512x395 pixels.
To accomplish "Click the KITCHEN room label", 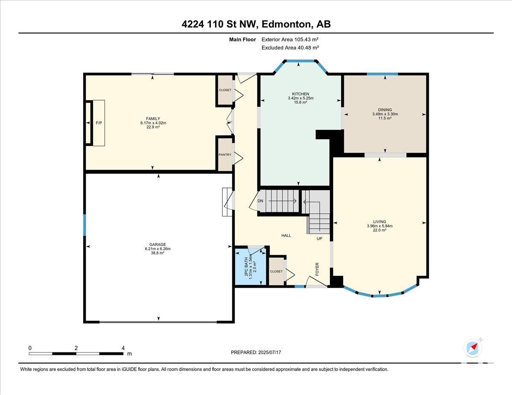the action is pos(300,94).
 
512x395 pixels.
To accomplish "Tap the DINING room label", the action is pos(385,110).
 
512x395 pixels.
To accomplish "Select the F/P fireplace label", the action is pos(99,123).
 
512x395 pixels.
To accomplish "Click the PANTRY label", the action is pos(225,155).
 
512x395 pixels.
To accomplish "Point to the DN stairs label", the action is pos(260,201).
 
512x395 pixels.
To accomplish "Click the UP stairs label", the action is pos(319,239).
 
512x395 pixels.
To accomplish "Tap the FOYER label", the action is pos(317,269).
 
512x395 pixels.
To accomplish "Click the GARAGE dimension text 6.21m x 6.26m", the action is pos(157,249).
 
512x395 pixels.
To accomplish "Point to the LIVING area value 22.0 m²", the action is pos(380,230).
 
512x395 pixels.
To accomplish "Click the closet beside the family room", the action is pos(225,90).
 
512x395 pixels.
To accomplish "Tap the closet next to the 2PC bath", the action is pos(276,271).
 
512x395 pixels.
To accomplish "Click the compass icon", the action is pos(473,348).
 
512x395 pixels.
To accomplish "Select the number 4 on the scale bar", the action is pos(123,348).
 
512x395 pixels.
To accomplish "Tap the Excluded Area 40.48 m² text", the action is pos(290,48).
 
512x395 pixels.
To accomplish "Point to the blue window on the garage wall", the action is pos(84,225).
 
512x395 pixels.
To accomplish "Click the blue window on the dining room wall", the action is pos(382,74).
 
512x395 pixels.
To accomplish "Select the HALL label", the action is pos(286,236).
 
